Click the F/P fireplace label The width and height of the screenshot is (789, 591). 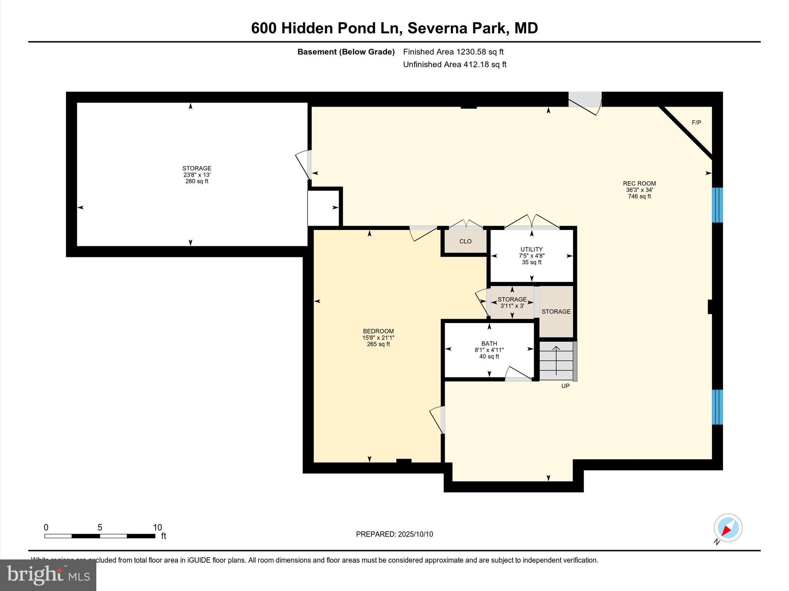click(x=696, y=123)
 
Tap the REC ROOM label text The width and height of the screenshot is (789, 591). click(x=639, y=184)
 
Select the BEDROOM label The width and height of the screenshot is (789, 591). click(x=378, y=331)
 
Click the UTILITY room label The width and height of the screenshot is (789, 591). click(x=531, y=249)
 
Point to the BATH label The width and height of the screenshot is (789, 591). click(x=489, y=344)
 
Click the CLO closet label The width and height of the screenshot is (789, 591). click(x=465, y=241)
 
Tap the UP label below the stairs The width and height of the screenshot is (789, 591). click(x=565, y=386)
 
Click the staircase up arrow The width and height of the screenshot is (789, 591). click(x=556, y=360)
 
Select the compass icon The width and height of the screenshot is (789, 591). click(x=728, y=528)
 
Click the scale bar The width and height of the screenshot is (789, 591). click(x=100, y=536)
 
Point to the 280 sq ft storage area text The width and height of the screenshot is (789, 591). click(x=196, y=181)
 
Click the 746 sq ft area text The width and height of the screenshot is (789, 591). click(x=639, y=197)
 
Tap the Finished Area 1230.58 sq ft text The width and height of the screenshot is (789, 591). click(x=453, y=52)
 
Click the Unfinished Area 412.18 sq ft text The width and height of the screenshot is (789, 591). click(x=455, y=65)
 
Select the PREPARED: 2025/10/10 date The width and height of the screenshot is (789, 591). click(x=394, y=534)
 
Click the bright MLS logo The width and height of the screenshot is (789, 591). click(x=48, y=575)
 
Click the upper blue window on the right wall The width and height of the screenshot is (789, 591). click(x=717, y=205)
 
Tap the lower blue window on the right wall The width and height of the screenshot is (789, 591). click(x=717, y=407)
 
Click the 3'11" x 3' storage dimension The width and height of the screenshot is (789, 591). click(x=512, y=306)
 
